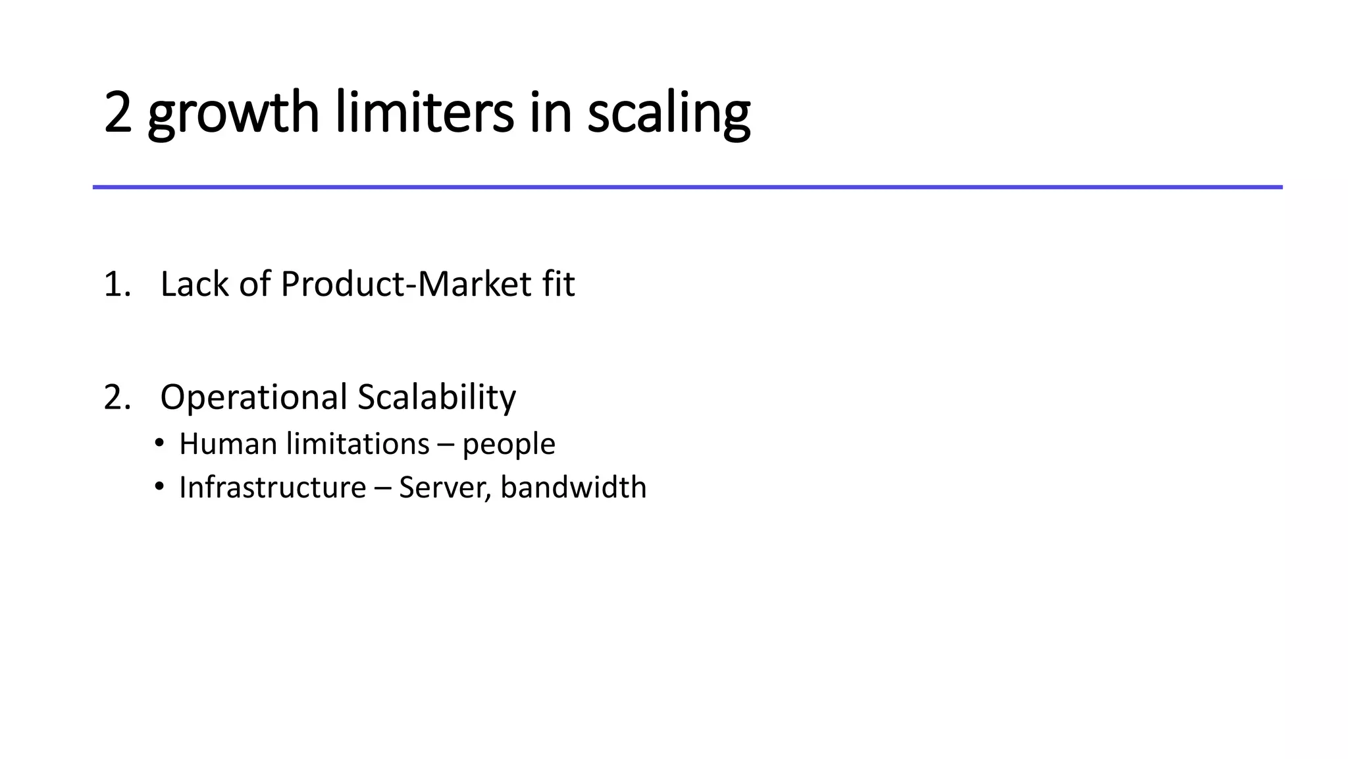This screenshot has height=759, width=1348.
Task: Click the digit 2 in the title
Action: (118, 113)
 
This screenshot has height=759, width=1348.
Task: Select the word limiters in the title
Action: (425, 113)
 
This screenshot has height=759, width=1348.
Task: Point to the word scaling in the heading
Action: (668, 113)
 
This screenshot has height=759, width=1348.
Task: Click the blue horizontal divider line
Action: (687, 187)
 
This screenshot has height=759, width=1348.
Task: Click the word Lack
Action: (194, 285)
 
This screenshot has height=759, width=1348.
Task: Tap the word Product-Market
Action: (406, 285)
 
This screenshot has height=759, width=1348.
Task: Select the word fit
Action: (559, 285)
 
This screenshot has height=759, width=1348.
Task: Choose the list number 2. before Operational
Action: (117, 397)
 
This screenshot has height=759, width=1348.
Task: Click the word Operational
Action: (253, 397)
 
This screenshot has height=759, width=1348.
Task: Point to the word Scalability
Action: (436, 397)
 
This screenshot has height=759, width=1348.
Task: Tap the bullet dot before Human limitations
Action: (159, 443)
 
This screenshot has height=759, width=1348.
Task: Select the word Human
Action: (228, 444)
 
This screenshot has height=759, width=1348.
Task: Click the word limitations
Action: (358, 444)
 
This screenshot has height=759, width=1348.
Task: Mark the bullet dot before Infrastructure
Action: (159, 486)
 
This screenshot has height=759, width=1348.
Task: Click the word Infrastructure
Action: (272, 488)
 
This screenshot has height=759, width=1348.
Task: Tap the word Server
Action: (444, 488)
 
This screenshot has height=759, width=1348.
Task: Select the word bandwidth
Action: (573, 488)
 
